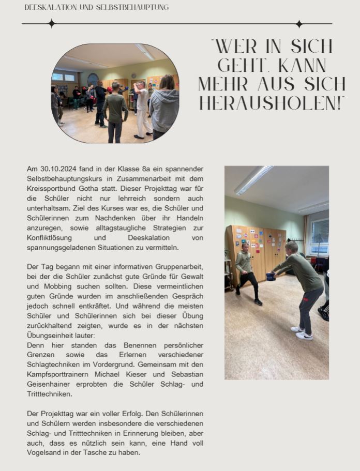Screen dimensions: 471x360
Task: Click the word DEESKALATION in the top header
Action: [48, 7]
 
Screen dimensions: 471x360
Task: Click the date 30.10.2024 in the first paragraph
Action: [56, 169]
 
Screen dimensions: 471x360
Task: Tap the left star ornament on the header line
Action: [51, 23]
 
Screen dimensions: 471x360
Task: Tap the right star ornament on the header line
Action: [299, 24]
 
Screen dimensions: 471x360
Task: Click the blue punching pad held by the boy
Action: [271, 276]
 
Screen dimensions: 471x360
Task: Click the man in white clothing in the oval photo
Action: [142, 109]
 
